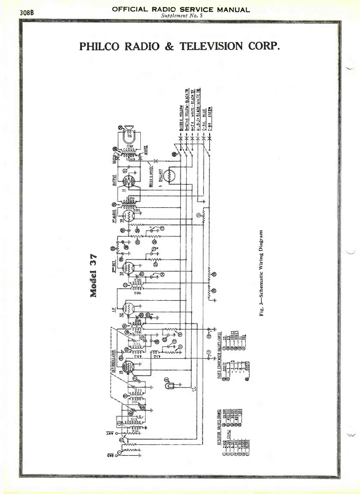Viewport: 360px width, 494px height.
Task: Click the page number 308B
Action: pos(26,13)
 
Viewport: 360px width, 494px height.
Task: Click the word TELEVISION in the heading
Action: pos(211,46)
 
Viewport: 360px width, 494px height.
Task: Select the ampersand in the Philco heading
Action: pos(169,47)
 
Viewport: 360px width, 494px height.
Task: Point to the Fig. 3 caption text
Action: pos(262,273)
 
